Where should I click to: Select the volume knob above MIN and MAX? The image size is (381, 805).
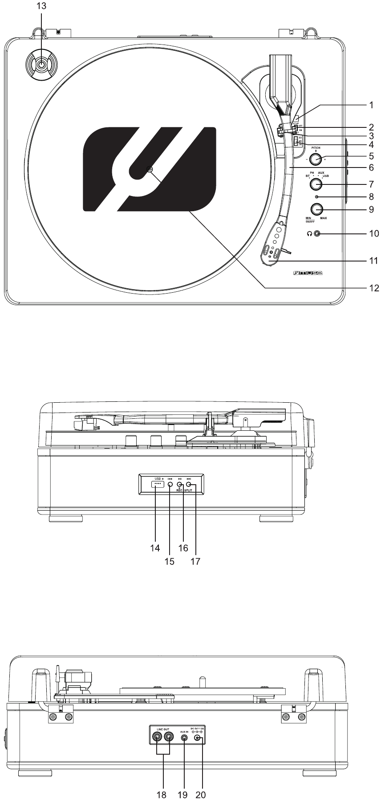coord(316,209)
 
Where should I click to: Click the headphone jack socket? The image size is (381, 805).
coord(317,233)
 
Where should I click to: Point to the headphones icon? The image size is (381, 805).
coord(309,233)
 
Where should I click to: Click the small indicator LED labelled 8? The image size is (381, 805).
coord(316,196)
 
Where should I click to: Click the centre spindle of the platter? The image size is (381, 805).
coord(148,169)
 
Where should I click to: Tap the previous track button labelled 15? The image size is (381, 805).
coord(170,484)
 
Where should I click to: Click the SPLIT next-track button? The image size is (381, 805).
coord(189,484)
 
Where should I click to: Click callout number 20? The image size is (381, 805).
coord(202,794)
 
